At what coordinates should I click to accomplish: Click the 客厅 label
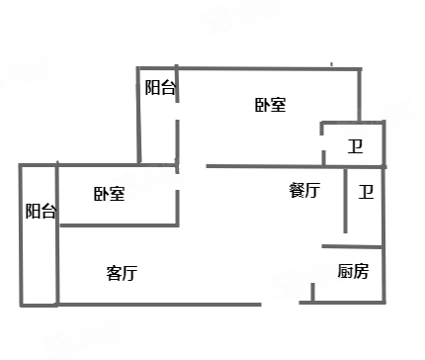coord(122,273)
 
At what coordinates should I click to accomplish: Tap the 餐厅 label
coord(304,190)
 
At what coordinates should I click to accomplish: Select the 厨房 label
coord(353,271)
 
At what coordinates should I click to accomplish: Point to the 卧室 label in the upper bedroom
coord(271,105)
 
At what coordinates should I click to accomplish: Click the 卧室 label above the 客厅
coord(110,194)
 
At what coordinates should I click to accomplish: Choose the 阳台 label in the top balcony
coord(160,88)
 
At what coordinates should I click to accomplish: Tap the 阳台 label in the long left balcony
coord(41,211)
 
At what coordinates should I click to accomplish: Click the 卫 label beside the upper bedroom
coord(356,146)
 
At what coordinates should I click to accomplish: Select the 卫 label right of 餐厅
coord(366,192)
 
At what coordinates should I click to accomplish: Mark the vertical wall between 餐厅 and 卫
coord(345,201)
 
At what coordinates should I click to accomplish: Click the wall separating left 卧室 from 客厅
coord(120,225)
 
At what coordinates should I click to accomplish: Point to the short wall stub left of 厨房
coord(312,293)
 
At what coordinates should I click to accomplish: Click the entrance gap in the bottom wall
coord(281,304)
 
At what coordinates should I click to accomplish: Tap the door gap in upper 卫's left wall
coord(323,142)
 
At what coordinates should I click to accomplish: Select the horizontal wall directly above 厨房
coord(352,246)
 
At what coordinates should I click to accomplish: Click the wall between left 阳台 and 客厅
coord(57,233)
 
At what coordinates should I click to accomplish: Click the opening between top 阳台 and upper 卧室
coord(177,111)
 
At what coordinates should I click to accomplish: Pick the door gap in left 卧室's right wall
coord(177,182)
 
